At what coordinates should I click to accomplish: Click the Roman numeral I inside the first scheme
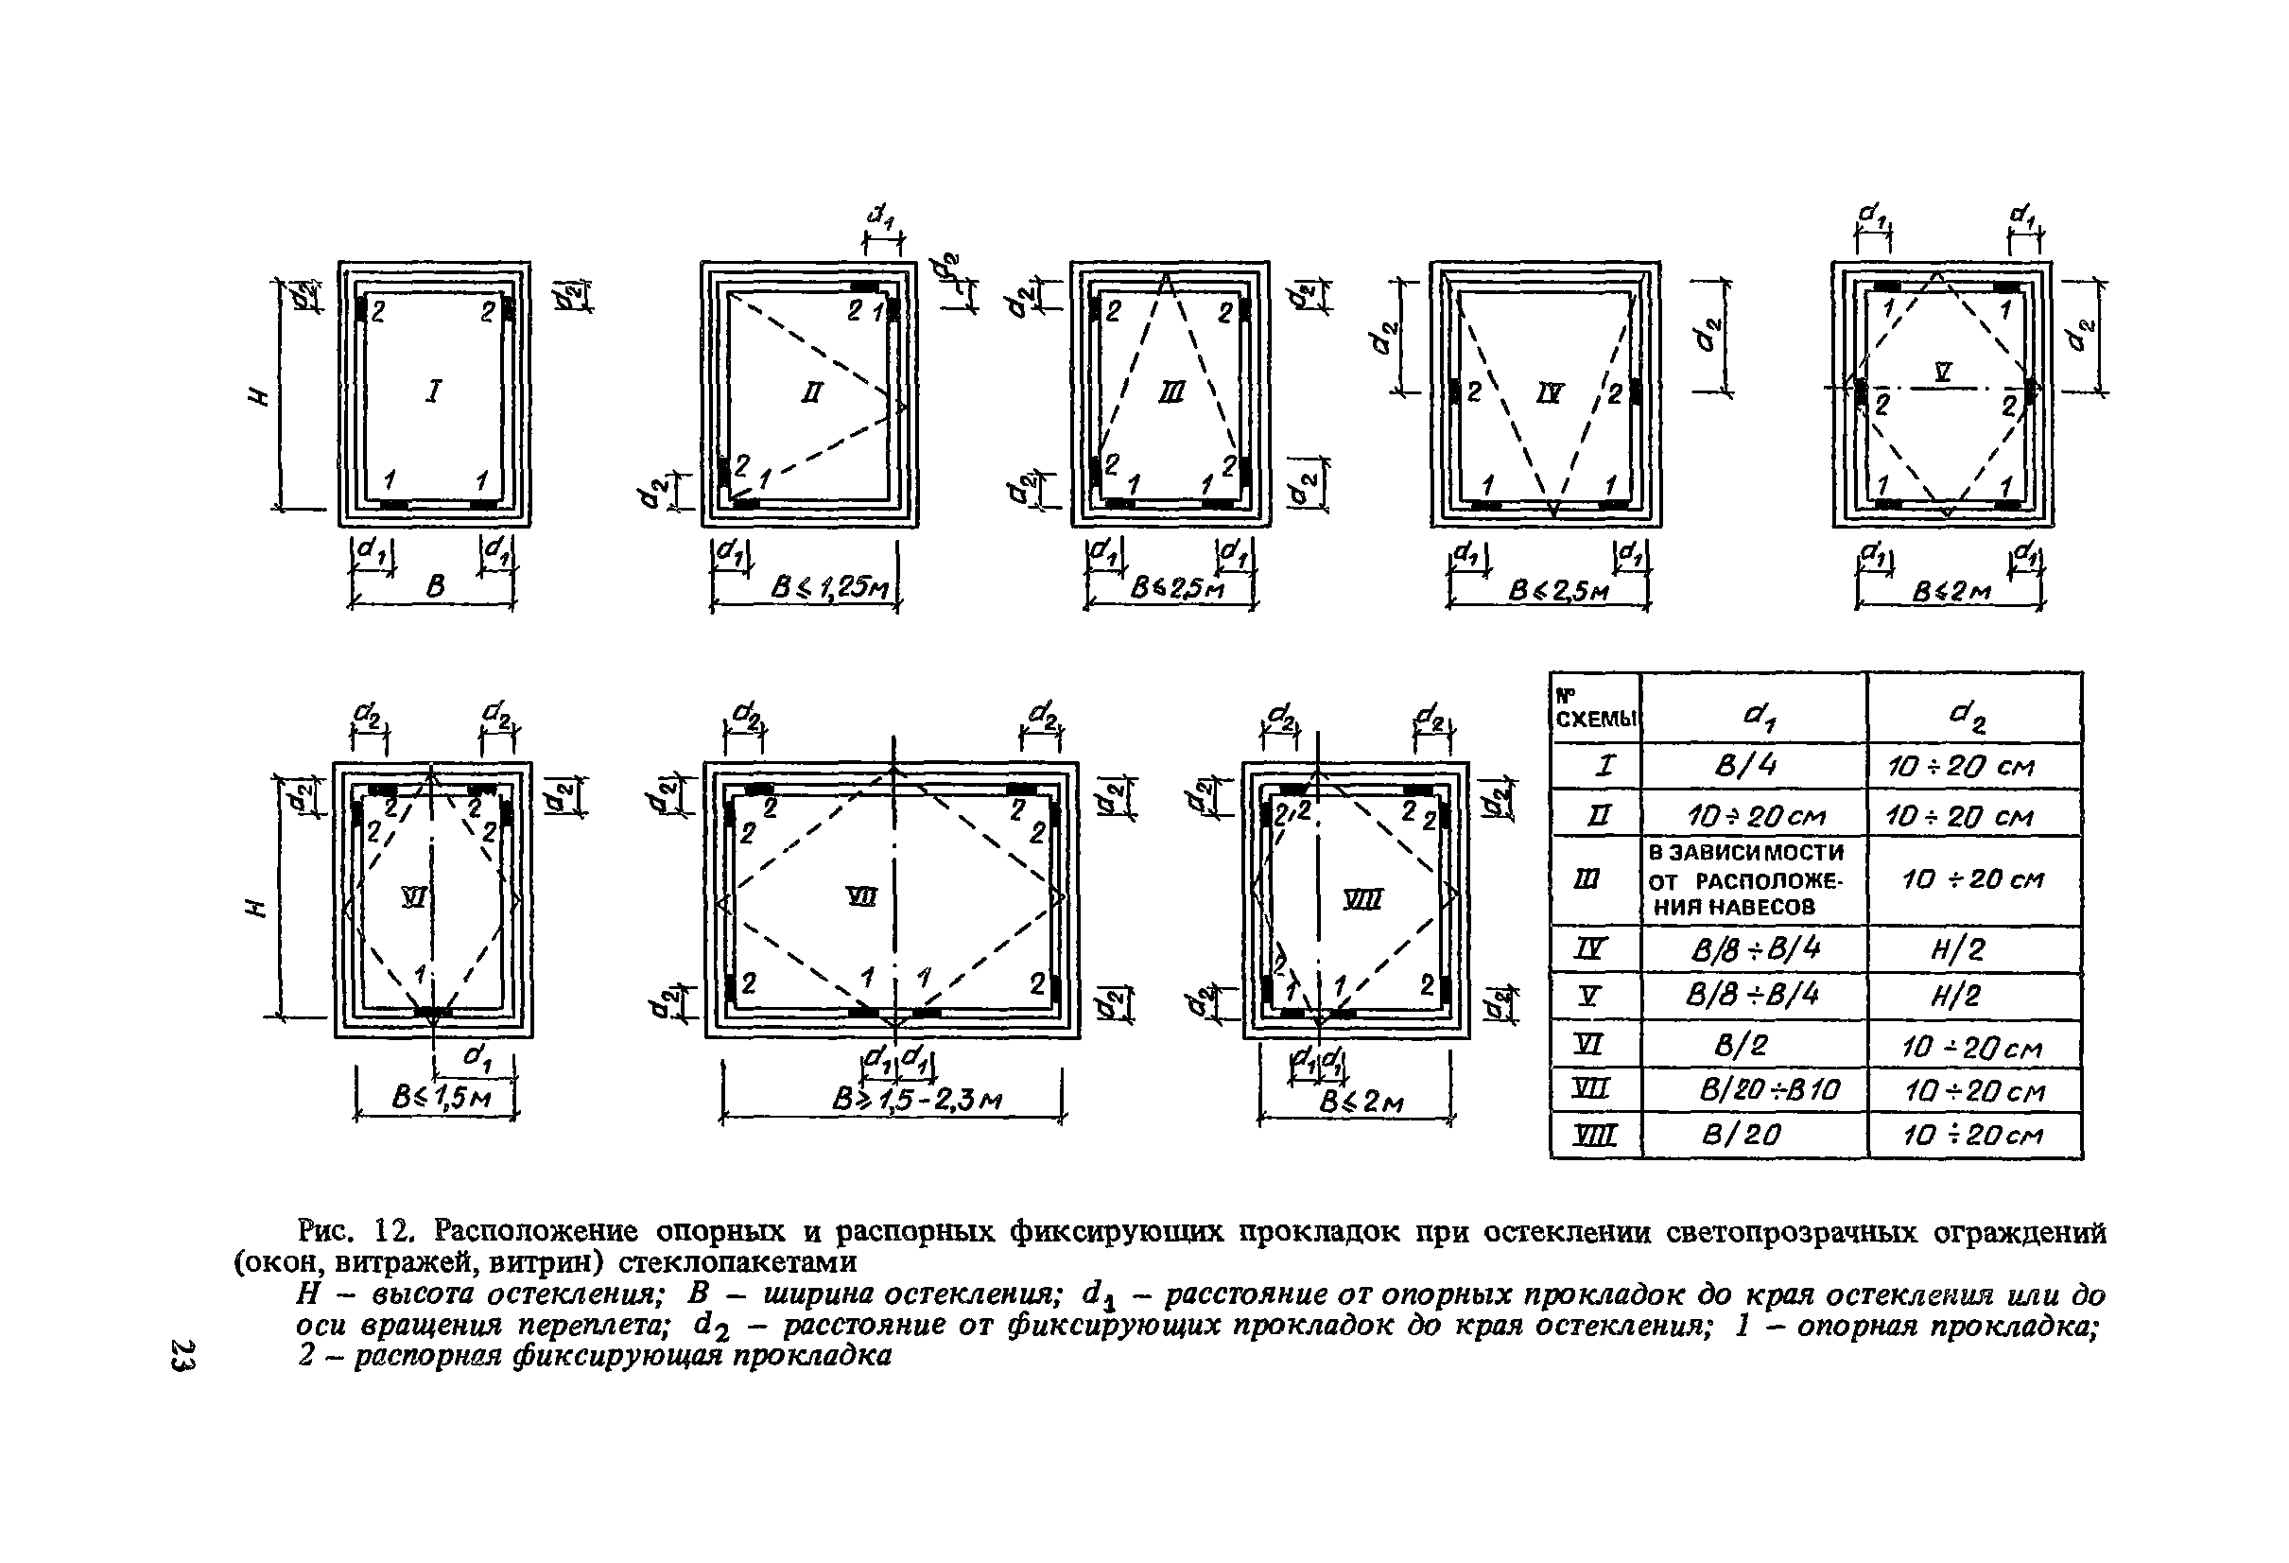coord(432,392)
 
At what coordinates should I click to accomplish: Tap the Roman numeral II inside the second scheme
coord(810,394)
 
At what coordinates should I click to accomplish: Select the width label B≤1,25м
coord(830,589)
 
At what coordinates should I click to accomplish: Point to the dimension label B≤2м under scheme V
coord(1951,592)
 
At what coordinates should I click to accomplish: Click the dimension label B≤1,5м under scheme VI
coord(441,1097)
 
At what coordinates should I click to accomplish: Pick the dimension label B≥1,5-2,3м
coord(916,1099)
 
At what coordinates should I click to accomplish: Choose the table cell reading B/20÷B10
coord(1769,1090)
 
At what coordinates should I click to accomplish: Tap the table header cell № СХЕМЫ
coord(1595,709)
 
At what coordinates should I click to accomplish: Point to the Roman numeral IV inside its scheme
coord(1550,394)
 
